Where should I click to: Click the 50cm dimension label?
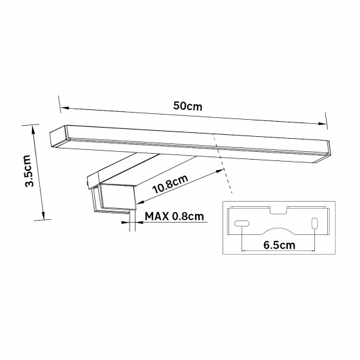point(188,106)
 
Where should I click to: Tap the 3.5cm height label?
point(30,171)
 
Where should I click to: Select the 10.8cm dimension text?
point(170,184)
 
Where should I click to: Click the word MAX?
point(157,216)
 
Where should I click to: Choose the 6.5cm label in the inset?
point(279,245)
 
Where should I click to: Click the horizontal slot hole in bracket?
point(242,223)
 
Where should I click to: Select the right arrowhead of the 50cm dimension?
point(322,124)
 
